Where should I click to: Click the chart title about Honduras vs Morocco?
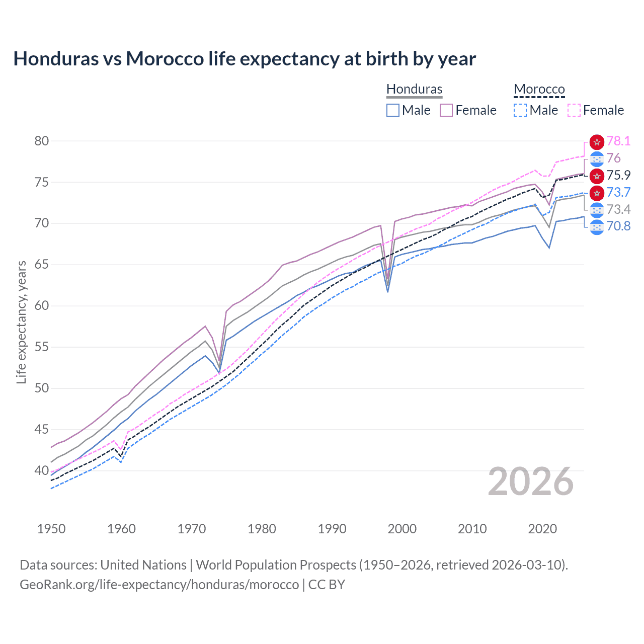[245, 59]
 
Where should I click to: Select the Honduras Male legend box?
[393, 110]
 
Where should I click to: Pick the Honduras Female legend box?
[446, 110]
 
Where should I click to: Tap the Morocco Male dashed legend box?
[520, 110]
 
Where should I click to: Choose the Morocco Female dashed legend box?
[574, 110]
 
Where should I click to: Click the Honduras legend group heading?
[414, 89]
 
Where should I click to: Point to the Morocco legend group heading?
[539, 89]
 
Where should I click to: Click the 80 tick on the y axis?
[42, 141]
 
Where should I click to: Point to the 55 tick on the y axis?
[42, 347]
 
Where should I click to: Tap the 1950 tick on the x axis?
[51, 529]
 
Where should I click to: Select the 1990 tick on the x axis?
[332, 529]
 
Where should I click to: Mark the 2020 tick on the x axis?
[542, 529]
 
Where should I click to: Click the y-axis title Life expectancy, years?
[21, 322]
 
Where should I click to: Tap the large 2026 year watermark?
[531, 482]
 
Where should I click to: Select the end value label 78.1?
[618, 141]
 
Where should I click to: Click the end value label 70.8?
[618, 226]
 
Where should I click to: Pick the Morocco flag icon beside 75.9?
[597, 176]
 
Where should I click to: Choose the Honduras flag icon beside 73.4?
[597, 210]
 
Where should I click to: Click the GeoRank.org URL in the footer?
[159, 585]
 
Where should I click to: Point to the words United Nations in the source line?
[143, 565]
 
